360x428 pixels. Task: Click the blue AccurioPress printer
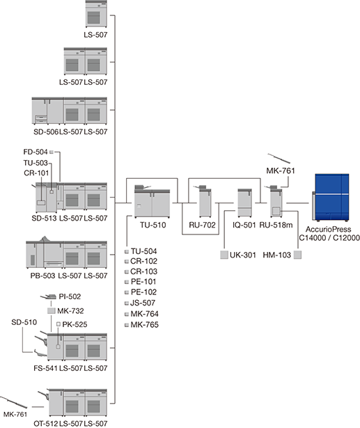331,197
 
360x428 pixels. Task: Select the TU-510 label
153,225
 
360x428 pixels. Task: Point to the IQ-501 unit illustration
244,203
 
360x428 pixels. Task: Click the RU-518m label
276,225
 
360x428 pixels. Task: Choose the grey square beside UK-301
224,255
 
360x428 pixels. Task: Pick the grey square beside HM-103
298,255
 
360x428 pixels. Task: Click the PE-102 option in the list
143,292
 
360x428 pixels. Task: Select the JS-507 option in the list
143,303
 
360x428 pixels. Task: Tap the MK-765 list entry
145,325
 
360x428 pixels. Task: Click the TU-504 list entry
143,251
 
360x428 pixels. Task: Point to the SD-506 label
46,132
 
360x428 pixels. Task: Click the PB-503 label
43,276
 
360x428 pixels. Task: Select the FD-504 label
36,152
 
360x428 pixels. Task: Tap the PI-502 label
70,296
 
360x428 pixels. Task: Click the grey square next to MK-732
52,311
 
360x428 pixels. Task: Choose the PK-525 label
75,324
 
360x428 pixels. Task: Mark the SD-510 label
24,322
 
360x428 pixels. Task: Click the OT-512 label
46,423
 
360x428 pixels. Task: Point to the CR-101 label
36,173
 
